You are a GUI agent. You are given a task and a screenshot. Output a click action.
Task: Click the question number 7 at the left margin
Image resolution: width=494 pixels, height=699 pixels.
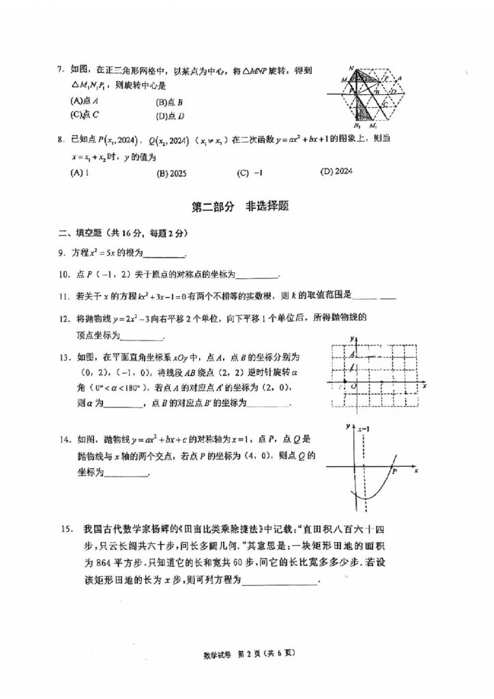click(60, 70)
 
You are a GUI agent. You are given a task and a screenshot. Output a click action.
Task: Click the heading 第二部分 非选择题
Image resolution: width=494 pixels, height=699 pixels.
click(239, 206)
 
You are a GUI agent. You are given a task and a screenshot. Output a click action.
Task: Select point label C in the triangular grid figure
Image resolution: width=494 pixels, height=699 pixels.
click(386, 104)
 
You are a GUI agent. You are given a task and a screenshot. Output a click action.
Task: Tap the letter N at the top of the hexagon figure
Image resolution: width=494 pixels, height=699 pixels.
click(350, 68)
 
